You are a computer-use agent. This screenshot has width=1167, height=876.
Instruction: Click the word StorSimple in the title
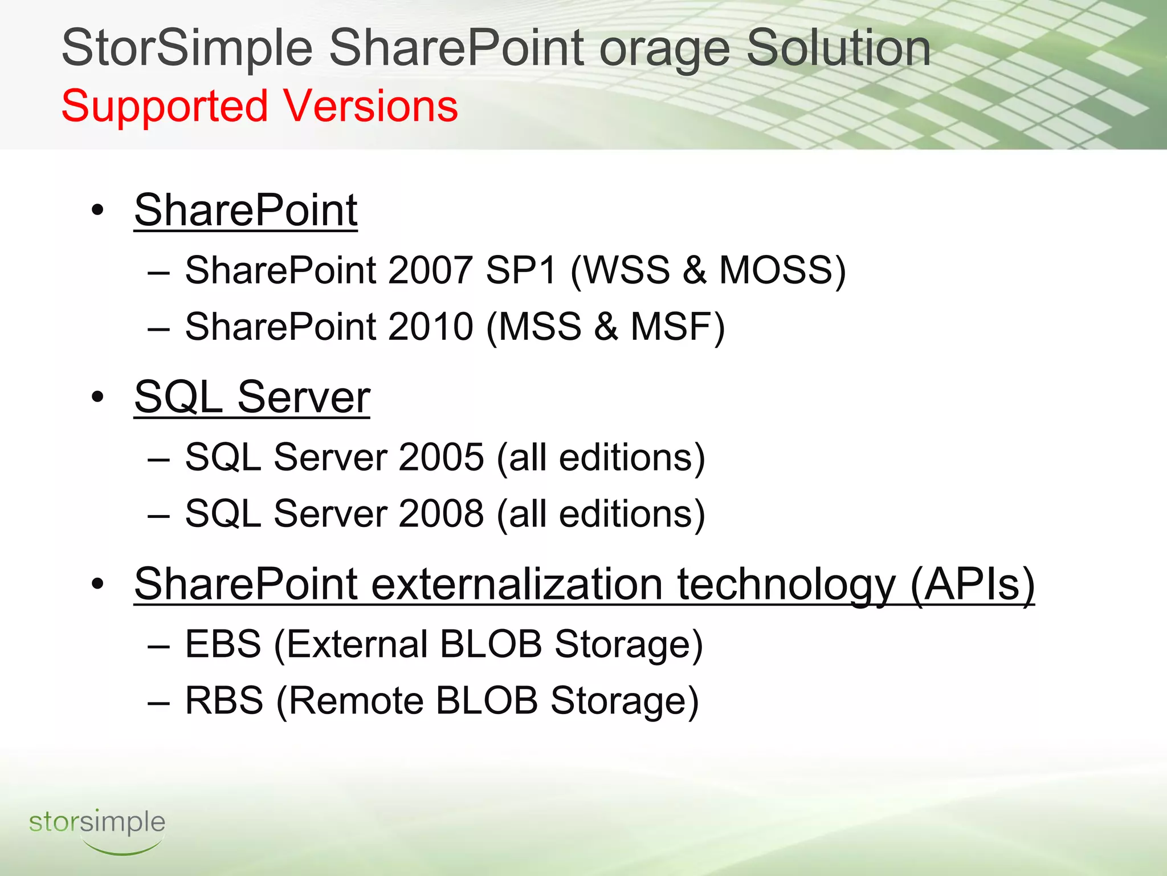pyautogui.click(x=187, y=48)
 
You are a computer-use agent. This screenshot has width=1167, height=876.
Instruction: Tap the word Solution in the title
pyautogui.click(x=838, y=48)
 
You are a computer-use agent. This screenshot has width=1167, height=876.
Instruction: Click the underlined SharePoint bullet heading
pyautogui.click(x=246, y=210)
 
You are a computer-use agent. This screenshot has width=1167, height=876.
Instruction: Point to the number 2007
pyautogui.click(x=430, y=270)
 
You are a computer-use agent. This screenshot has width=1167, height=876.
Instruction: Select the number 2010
pyautogui.click(x=430, y=327)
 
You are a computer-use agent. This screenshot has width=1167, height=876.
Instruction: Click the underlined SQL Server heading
pyautogui.click(x=252, y=397)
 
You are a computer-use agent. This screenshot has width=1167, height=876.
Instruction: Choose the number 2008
pyautogui.click(x=441, y=513)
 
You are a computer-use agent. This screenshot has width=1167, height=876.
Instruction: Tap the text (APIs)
pyautogui.click(x=972, y=584)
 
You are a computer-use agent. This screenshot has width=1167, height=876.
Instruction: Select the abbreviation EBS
pyautogui.click(x=223, y=644)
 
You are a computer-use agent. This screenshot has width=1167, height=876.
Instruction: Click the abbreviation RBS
pyautogui.click(x=224, y=700)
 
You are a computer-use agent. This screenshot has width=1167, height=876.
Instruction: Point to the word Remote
pyautogui.click(x=357, y=700)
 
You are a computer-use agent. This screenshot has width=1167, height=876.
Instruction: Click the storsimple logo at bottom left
pyautogui.click(x=97, y=828)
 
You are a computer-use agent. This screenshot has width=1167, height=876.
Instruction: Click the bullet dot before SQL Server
pyautogui.click(x=97, y=397)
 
